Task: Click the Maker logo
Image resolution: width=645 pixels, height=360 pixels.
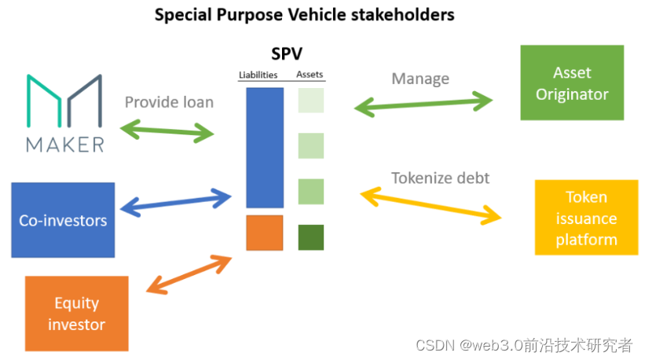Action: (64, 112)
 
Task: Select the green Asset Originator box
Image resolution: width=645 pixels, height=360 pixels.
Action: (572, 83)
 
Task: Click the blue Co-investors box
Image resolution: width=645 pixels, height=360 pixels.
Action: (63, 219)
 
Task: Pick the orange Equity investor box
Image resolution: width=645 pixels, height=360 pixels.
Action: (77, 313)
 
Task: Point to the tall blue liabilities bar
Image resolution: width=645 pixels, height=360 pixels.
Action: (265, 148)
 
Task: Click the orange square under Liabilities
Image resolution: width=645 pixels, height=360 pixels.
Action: (265, 233)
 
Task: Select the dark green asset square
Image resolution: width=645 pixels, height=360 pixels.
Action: (311, 237)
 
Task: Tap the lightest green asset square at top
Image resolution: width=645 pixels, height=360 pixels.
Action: (311, 101)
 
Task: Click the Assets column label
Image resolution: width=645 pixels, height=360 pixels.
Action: (310, 75)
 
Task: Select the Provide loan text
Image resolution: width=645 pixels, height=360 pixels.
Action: (169, 102)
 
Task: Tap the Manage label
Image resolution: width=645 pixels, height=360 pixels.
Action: (420, 79)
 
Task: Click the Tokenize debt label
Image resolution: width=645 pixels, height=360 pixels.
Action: (440, 178)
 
